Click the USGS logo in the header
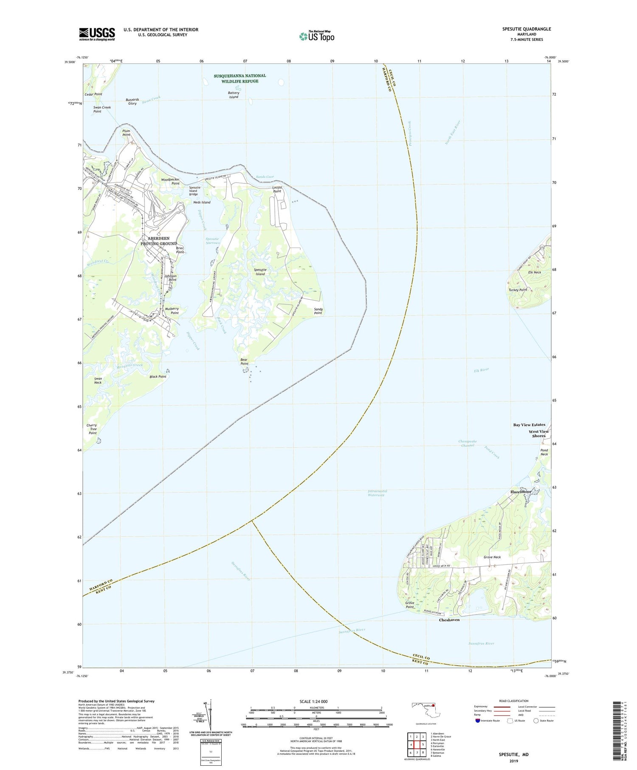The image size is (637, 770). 97,34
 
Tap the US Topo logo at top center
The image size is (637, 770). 317,36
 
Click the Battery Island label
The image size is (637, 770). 234,95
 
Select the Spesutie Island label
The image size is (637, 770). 259,272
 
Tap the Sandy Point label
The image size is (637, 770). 318,311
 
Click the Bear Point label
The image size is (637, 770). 244,361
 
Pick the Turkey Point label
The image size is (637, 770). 517,290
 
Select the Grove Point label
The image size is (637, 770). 409,604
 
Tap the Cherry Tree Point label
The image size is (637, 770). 91,429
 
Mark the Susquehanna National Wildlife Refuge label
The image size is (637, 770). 240,78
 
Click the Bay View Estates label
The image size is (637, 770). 529,425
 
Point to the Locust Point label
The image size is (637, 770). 277,189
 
